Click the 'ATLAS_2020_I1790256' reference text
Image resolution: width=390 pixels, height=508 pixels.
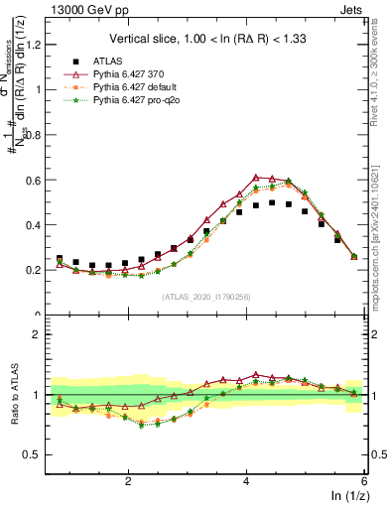206,297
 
